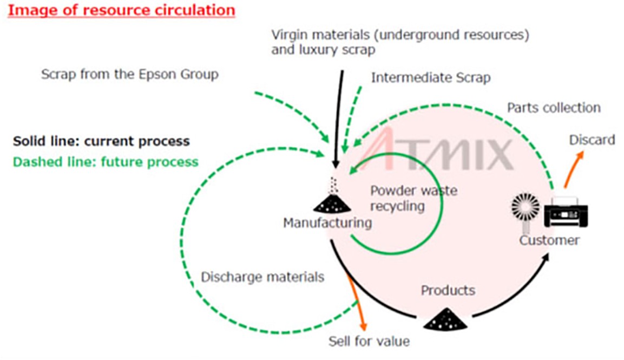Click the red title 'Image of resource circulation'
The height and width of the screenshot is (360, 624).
click(121, 10)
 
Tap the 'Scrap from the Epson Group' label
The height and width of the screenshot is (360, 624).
click(130, 75)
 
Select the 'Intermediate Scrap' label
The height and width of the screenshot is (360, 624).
click(431, 77)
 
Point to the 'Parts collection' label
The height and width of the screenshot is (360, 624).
click(554, 108)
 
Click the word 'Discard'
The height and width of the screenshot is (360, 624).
click(592, 140)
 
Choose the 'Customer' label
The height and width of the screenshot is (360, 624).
click(549, 240)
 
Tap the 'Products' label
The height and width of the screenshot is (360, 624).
click(448, 290)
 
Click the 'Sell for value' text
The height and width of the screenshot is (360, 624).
click(369, 341)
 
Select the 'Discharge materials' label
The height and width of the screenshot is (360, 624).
click(262, 277)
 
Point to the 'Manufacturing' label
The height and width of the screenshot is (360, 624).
click(327, 222)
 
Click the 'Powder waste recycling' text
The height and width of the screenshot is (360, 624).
click(413, 198)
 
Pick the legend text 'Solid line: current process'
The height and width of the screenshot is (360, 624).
click(101, 141)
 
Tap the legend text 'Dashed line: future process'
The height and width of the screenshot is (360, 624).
click(106, 162)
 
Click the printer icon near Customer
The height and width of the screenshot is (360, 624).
click(566, 212)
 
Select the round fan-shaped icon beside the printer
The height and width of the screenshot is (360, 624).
click(526, 207)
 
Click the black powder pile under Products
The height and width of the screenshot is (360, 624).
click(445, 319)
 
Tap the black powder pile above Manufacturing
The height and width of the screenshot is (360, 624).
click(332, 204)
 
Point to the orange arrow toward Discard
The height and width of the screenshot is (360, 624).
click(574, 169)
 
